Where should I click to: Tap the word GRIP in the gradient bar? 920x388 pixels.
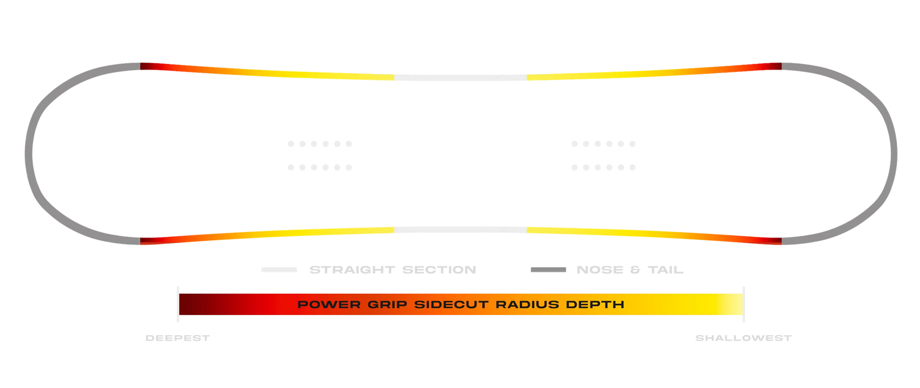coord(388,305)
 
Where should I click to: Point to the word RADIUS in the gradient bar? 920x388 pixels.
coord(527,305)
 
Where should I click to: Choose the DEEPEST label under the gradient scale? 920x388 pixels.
coord(178,339)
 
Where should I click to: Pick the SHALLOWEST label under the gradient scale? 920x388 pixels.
coord(743,339)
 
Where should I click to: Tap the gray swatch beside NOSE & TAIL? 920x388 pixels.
coord(548,270)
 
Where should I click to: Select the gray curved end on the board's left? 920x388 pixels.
coord(29,154)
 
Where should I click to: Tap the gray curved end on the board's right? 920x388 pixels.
coord(893,154)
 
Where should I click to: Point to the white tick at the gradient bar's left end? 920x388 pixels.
coord(178,304)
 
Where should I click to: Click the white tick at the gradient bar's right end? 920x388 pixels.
coord(744,304)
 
